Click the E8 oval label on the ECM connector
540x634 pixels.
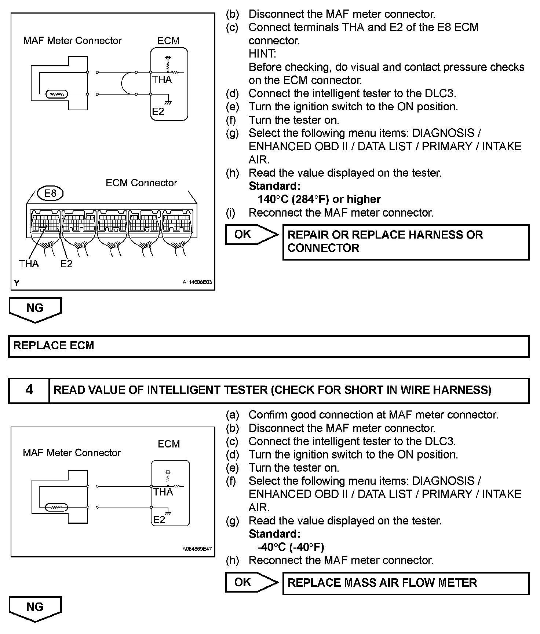coord(50,193)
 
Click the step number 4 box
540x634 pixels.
coord(29,390)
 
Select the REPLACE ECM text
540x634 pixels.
coord(54,346)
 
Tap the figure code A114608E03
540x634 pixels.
coord(197,282)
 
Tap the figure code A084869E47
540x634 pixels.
coord(197,549)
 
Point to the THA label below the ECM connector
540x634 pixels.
coord(29,263)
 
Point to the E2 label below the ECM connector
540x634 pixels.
coord(66,263)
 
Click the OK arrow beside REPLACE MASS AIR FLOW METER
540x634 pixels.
coord(252,582)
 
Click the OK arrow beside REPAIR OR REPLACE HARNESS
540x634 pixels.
coord(252,235)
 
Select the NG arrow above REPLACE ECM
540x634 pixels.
coord(35,309)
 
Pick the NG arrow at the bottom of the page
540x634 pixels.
coord(35,608)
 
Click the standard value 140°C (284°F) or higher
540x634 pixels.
coord(319,199)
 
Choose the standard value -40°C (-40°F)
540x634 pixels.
coord(291,547)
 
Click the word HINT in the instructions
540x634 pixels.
coord(262,54)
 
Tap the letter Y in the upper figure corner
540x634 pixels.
coord(17,283)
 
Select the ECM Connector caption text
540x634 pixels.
coord(141,183)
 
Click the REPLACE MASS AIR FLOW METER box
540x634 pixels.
coord(406,583)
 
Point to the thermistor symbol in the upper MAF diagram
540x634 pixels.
coord(56,95)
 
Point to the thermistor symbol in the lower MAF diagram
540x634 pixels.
coord(56,508)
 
